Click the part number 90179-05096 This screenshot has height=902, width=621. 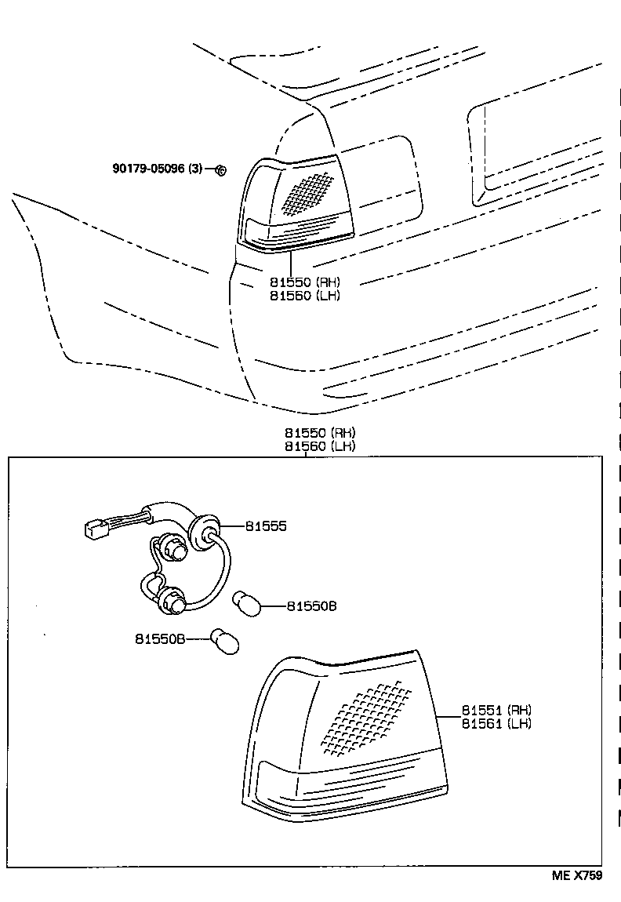pyautogui.click(x=150, y=169)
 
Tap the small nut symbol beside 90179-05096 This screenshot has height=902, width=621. pyautogui.click(x=220, y=169)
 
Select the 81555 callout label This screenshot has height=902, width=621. pyautogui.click(x=266, y=527)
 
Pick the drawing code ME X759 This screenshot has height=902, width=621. pyautogui.click(x=574, y=876)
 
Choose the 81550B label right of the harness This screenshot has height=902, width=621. pyautogui.click(x=311, y=606)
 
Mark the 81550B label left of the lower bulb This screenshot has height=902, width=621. pyautogui.click(x=158, y=639)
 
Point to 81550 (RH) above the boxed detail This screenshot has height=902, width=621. pyautogui.click(x=320, y=433)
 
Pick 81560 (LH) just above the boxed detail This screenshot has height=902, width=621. pyautogui.click(x=320, y=446)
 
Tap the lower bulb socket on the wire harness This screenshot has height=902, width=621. pyautogui.click(x=173, y=602)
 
